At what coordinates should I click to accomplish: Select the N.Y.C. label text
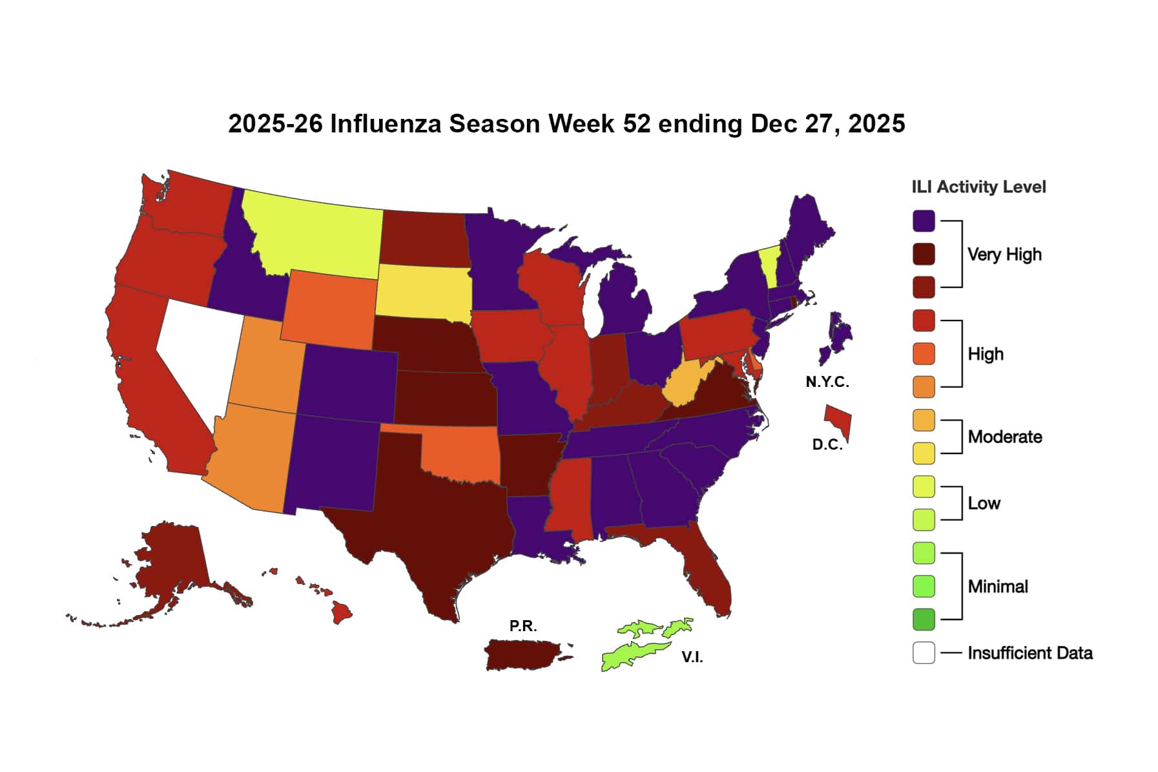[827, 382]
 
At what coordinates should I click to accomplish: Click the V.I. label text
[692, 658]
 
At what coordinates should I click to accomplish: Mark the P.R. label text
[522, 626]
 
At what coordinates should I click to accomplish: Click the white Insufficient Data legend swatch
[924, 652]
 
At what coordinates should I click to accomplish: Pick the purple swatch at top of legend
[924, 221]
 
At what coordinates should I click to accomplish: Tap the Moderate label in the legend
[1004, 437]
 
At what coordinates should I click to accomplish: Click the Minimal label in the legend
[997, 587]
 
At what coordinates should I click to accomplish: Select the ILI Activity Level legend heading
[978, 187]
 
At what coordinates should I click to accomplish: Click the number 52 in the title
[637, 123]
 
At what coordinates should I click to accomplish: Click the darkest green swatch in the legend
[924, 619]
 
